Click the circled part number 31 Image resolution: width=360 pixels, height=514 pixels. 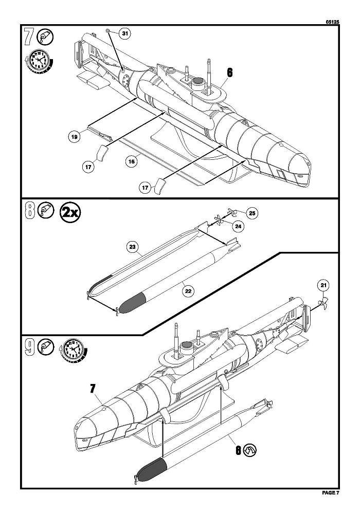click(124, 33)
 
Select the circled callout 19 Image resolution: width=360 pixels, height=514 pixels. click(75, 137)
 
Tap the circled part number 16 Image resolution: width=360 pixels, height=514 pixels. click(131, 161)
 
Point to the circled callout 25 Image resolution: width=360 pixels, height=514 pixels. click(251, 212)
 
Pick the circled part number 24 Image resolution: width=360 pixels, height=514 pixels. click(238, 226)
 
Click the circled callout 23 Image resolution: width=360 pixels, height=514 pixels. click(132, 247)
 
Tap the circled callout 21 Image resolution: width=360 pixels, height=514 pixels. click(323, 286)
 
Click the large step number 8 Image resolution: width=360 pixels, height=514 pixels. click(30, 211)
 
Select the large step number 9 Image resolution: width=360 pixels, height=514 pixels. click(30, 348)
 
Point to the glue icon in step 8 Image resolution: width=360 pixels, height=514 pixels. click(47, 211)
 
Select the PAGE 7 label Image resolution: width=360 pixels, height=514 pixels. click(331, 493)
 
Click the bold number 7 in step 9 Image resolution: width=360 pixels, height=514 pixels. click(93, 389)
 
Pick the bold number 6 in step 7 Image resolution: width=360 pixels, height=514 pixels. click(229, 72)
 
